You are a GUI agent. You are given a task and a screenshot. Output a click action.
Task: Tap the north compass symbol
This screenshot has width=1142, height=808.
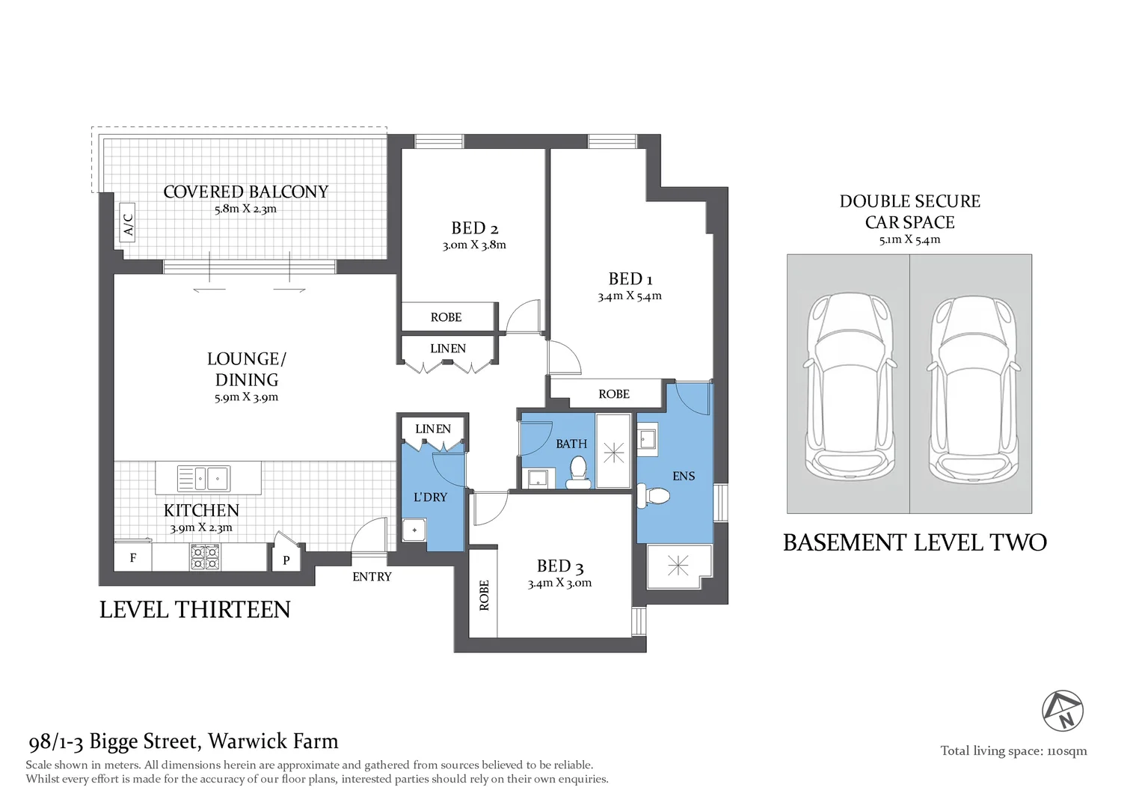[x=1063, y=711]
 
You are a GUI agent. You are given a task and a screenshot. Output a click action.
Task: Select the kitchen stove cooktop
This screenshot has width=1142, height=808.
[x=205, y=557]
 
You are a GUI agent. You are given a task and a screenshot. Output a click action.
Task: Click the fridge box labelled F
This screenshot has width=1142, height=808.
[x=133, y=558]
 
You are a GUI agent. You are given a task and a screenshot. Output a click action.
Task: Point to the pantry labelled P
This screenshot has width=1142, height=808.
[x=286, y=560]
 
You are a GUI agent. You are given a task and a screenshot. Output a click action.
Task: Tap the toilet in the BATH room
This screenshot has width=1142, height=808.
[x=578, y=472]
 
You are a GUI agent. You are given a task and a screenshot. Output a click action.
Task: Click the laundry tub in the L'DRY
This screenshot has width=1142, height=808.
[x=414, y=530]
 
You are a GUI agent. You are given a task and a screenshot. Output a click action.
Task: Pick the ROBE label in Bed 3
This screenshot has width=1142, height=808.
[x=484, y=596]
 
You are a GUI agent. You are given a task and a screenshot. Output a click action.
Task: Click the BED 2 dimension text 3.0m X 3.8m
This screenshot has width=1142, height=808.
[x=474, y=245]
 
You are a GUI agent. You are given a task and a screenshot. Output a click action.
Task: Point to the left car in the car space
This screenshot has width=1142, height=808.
[x=849, y=387]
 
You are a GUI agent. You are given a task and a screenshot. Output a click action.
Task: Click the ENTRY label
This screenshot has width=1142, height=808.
[x=372, y=577]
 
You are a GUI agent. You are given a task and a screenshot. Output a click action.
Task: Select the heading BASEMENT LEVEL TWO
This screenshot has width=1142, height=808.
[x=915, y=542]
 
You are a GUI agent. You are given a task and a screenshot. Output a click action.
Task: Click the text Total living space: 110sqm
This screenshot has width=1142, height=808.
[x=1013, y=751]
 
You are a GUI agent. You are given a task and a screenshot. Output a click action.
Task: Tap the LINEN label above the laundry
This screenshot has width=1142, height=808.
[x=433, y=429]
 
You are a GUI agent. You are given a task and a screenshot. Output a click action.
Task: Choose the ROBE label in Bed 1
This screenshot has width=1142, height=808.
[x=614, y=394]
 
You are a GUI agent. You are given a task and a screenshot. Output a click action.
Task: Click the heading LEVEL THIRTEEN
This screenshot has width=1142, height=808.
[x=194, y=610]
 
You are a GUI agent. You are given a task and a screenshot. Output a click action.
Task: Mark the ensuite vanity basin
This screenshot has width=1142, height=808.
[x=647, y=439]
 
